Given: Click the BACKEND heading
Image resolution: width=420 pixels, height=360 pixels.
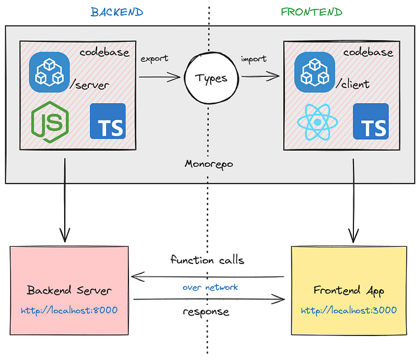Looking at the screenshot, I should pos(117,12).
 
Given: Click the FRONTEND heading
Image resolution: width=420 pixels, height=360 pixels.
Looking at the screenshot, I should pos(311,12).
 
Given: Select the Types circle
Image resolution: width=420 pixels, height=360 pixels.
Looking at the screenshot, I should pos(209,78).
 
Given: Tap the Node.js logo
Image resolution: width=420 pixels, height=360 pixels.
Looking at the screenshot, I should pos(50,121).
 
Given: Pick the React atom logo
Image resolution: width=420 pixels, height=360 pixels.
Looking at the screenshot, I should pos(314,121).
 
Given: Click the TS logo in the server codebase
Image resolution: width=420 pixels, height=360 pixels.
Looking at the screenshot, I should pos(107,121).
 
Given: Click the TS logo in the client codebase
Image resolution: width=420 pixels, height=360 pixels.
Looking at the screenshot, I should pos(371,121).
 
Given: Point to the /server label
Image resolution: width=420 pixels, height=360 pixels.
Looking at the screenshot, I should pos(89,85).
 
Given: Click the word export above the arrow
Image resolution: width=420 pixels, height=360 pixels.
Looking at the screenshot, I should pos(154,59).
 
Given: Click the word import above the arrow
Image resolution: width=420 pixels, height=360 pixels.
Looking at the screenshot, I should pos(254,59).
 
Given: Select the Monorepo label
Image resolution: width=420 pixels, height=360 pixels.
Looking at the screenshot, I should pos(208,164).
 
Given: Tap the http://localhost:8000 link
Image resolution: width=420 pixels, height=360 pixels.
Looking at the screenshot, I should pos(69,310).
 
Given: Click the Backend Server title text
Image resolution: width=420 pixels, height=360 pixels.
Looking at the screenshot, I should pos(69,291).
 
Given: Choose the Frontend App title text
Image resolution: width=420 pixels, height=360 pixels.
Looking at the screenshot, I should pos(349,291).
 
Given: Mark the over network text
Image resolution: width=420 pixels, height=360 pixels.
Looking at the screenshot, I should pos(210,287).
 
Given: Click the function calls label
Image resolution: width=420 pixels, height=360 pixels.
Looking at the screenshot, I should pos(207,260).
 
